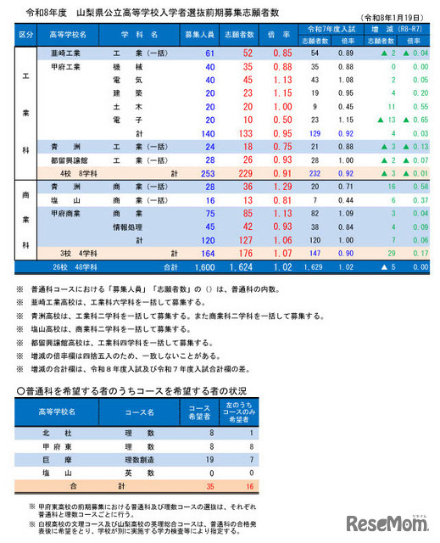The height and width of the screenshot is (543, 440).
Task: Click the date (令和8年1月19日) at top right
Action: click(x=394, y=18)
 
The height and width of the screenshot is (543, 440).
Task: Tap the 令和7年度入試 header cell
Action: click(x=326, y=30)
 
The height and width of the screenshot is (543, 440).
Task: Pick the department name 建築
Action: click(x=125, y=92)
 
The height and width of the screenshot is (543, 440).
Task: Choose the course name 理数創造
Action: click(x=139, y=461)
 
